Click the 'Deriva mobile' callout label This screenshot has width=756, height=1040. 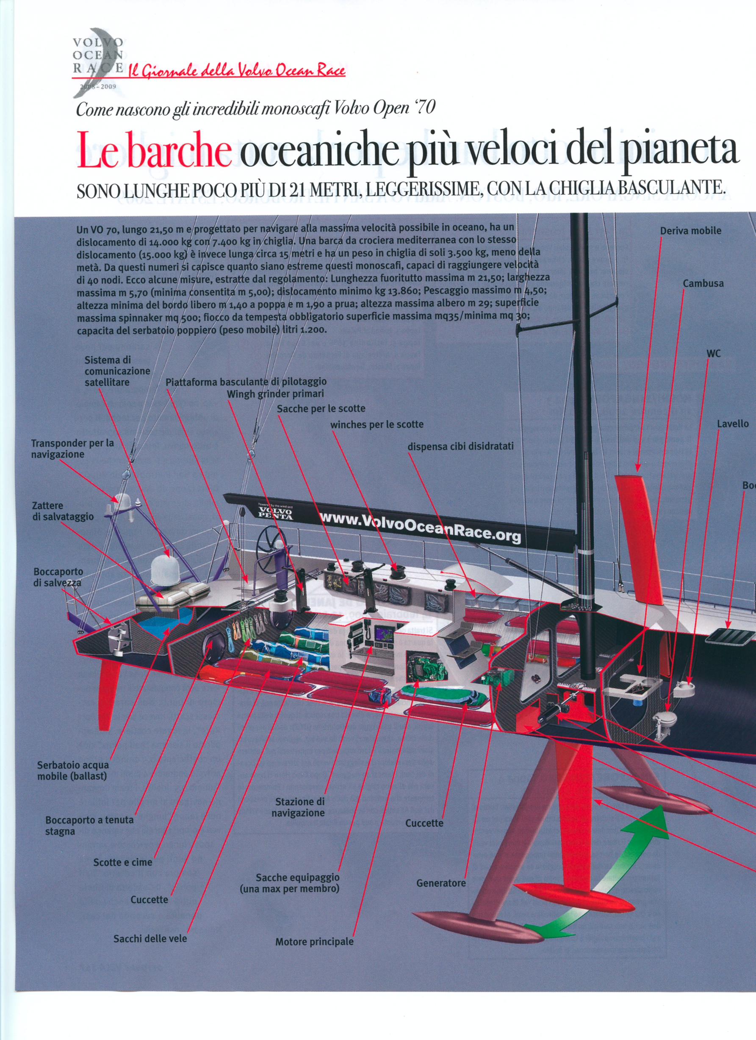click(690, 231)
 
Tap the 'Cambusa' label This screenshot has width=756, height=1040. click(703, 283)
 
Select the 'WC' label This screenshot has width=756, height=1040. click(713, 354)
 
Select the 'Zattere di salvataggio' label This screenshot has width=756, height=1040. click(62, 511)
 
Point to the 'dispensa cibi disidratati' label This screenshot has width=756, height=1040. click(460, 446)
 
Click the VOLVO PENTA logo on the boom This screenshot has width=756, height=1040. click(275, 513)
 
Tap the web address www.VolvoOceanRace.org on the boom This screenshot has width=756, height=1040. click(420, 527)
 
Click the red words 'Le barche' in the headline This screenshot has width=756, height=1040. click(154, 150)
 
